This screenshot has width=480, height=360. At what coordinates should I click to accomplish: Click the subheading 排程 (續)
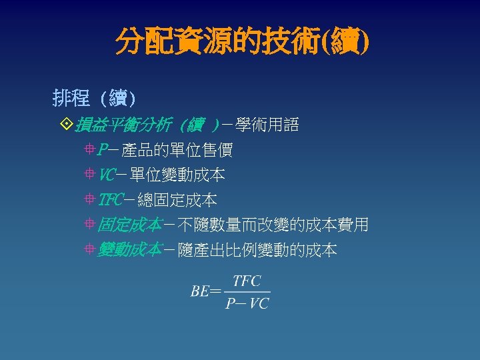94,99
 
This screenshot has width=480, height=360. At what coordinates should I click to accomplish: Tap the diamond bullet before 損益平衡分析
65,125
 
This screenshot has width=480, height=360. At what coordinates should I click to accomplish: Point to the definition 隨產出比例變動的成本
256,250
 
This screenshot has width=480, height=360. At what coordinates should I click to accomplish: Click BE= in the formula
205,291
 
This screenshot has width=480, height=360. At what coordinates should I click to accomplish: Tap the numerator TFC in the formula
247,281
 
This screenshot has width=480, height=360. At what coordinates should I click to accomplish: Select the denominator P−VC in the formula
247,303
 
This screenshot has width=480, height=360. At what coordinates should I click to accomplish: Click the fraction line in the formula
247,292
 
